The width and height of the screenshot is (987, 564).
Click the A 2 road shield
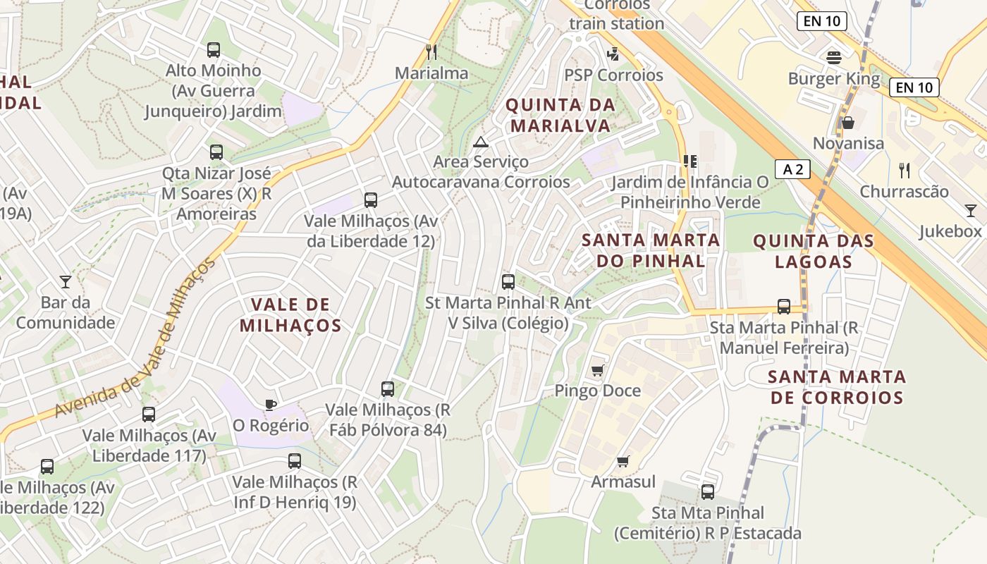[x=792, y=169]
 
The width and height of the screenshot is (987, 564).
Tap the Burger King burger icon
[x=834, y=57]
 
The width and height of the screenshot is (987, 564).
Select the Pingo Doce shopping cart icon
[x=598, y=370]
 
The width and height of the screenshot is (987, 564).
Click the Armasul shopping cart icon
[x=623, y=462]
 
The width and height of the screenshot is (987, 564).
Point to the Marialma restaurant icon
[x=431, y=51]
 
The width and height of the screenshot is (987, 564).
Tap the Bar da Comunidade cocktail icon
[x=66, y=282]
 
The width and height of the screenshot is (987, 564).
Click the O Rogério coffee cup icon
[x=271, y=405]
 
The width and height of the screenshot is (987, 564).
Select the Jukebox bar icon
[x=971, y=211]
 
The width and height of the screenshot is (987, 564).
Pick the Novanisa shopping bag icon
[x=848, y=123]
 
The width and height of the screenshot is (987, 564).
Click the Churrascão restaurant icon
[x=905, y=170]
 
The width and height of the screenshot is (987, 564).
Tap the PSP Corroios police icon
[x=613, y=54]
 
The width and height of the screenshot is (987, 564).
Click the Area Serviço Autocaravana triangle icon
[x=481, y=142]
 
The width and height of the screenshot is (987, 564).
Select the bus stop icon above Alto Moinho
[x=214, y=50]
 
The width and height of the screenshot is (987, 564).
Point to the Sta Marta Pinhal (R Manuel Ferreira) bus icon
[x=783, y=307]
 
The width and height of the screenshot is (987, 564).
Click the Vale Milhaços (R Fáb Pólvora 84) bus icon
[x=387, y=388]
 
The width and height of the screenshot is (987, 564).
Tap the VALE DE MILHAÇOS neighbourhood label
[x=290, y=314]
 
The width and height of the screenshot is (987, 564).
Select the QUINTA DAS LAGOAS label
[x=814, y=251]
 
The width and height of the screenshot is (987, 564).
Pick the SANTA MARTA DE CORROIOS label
[x=837, y=386]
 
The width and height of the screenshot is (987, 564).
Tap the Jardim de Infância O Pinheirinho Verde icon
[x=689, y=161]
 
